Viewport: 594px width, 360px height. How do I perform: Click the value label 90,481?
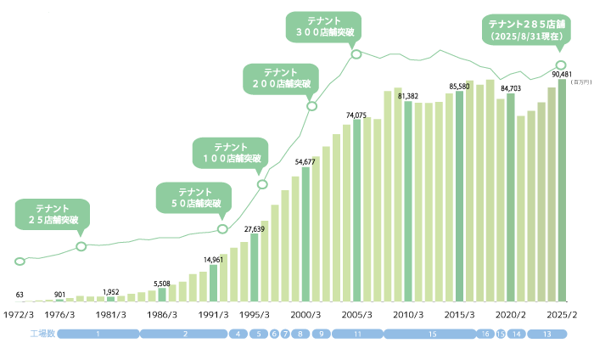(x=561, y=74)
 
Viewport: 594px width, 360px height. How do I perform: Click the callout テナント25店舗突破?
(x=53, y=213)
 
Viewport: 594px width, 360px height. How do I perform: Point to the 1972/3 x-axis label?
(x=19, y=313)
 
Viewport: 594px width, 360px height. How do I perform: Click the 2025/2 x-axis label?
(x=561, y=313)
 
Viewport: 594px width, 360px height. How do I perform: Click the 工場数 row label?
(x=42, y=334)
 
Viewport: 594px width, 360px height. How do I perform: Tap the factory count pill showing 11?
(x=357, y=334)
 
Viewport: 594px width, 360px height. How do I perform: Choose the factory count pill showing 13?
(x=547, y=334)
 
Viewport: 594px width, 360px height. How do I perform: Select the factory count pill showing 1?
(x=99, y=334)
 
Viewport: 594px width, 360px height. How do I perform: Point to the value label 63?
(x=20, y=295)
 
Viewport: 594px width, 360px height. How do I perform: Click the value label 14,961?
(x=213, y=259)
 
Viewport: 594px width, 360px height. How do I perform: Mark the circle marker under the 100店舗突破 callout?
(x=262, y=184)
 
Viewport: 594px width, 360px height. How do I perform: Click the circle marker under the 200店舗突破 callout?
(x=311, y=106)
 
